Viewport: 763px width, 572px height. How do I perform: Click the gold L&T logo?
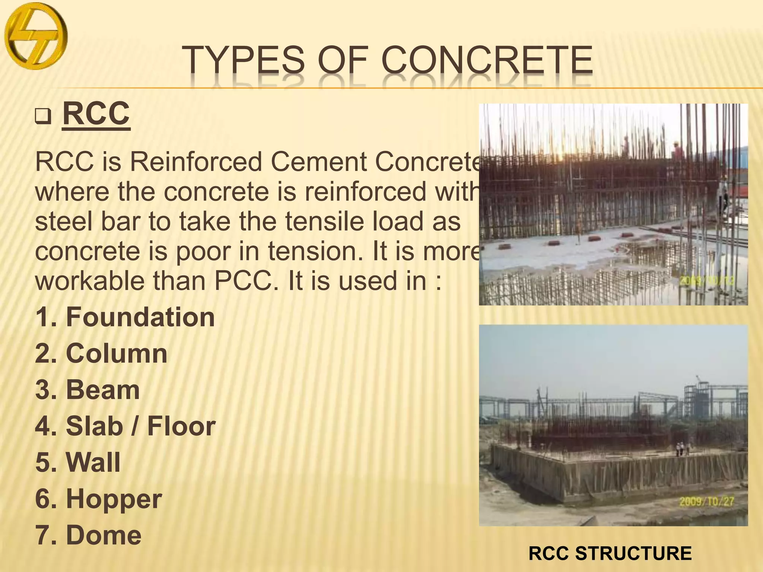(36, 36)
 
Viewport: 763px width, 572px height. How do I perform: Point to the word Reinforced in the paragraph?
(196, 162)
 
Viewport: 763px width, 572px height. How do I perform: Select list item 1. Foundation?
(125, 317)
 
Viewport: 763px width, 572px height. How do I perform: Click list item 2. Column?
(101, 353)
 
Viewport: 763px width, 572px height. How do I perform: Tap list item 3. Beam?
(88, 390)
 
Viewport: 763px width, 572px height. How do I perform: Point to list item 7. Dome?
(88, 535)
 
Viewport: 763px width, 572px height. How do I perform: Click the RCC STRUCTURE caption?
(610, 553)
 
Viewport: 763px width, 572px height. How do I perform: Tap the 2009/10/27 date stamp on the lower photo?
(706, 501)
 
